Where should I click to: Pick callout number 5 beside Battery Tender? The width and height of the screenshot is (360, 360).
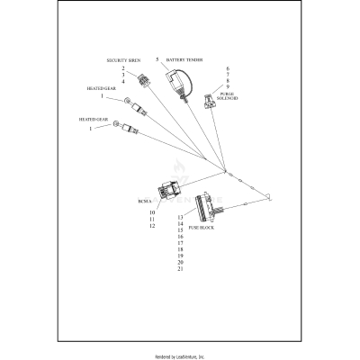point(157,58)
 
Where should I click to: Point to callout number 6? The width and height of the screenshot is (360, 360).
point(228,67)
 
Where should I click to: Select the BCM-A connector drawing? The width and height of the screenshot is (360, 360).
point(168,190)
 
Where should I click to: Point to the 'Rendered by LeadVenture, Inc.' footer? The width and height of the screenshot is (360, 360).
point(180,355)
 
